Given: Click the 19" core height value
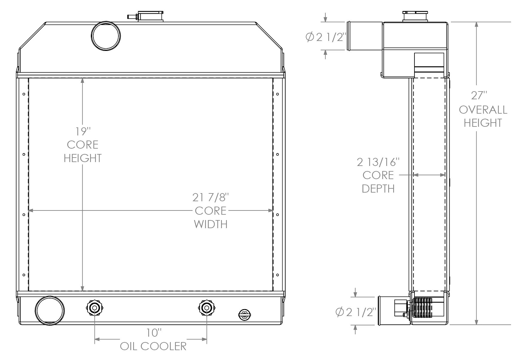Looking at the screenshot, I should click(83, 132).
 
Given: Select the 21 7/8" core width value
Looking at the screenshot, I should click(211, 198).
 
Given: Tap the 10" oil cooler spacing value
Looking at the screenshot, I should click(154, 332).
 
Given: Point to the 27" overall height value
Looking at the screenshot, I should click(479, 96).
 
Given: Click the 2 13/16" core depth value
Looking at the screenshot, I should click(378, 162).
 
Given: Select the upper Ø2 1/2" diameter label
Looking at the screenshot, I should click(326, 37).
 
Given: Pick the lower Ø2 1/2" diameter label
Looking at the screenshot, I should click(355, 312).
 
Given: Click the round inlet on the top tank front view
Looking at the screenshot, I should click(106, 36).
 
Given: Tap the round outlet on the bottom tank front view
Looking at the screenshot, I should click(50, 310).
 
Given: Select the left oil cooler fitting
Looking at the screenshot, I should click(94, 308).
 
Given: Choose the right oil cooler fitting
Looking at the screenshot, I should click(207, 308).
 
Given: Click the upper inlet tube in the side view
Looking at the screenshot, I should click(364, 36).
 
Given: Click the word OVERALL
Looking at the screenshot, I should click(483, 110).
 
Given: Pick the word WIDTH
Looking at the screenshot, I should click(211, 224).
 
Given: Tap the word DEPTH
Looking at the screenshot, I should click(378, 189).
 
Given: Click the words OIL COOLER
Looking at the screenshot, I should click(153, 346).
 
